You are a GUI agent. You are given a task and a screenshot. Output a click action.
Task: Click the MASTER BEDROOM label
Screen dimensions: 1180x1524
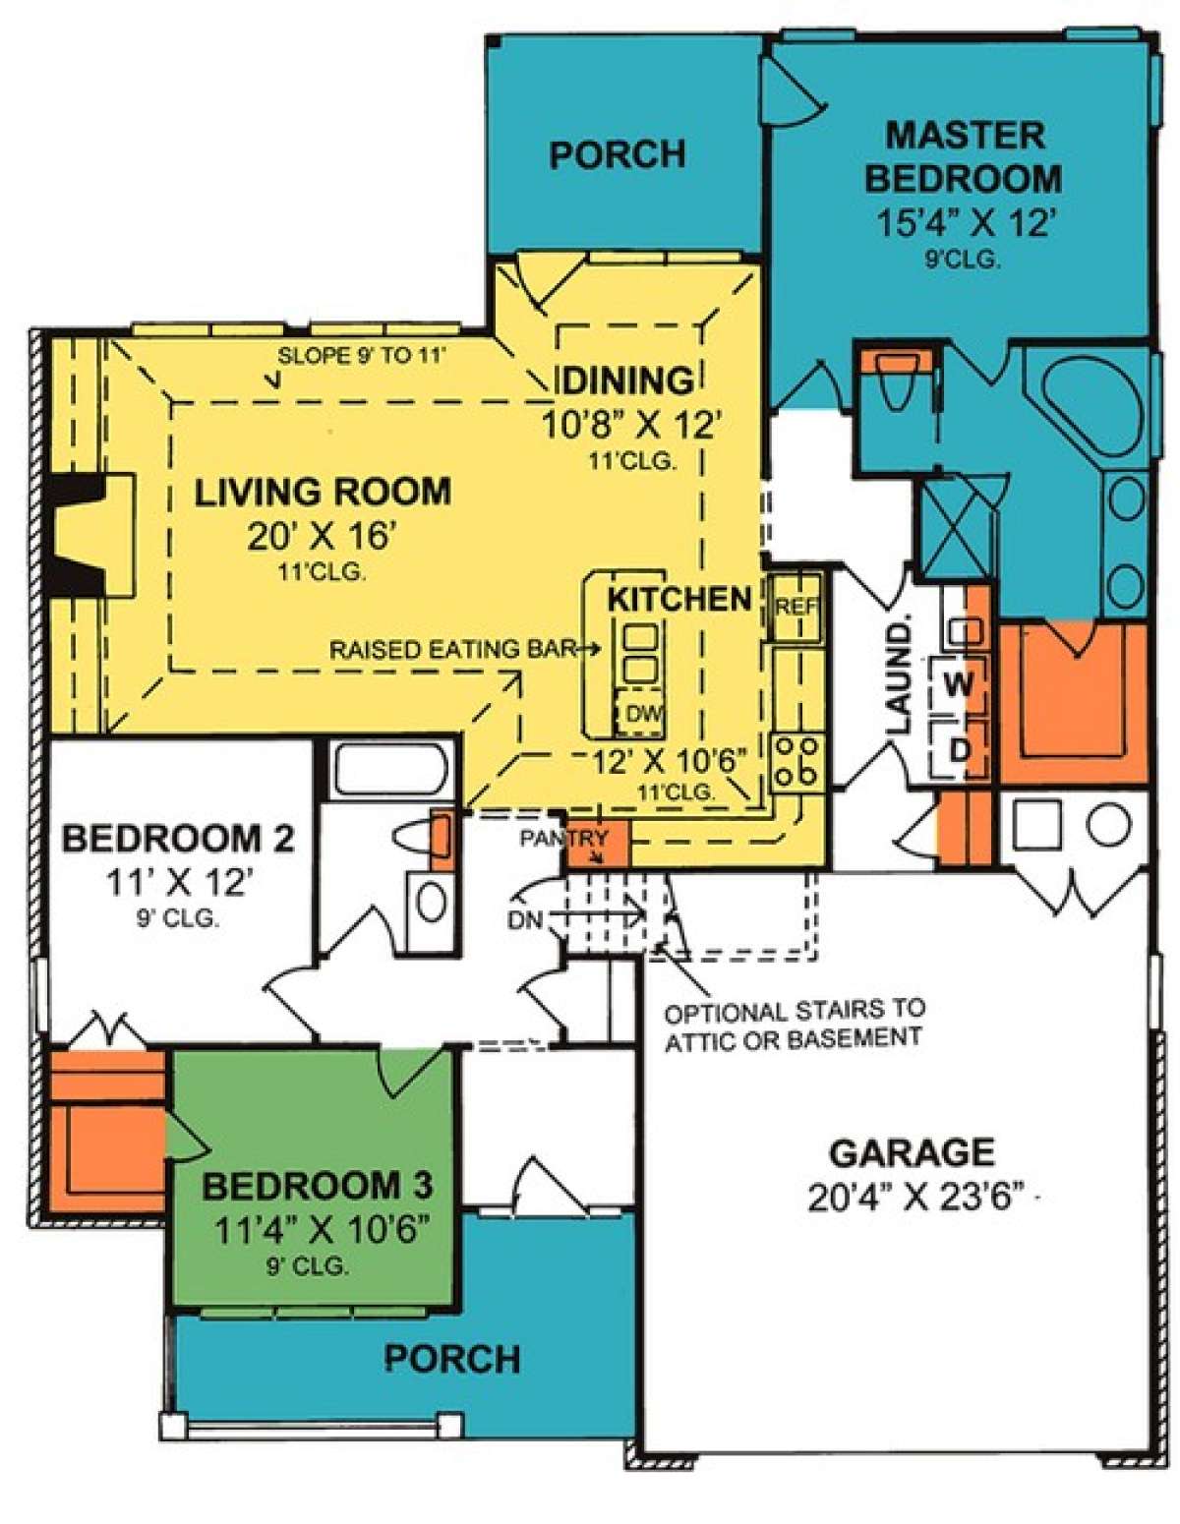(964, 157)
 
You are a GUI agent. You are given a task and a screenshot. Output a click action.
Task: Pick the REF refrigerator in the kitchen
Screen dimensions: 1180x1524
(796, 608)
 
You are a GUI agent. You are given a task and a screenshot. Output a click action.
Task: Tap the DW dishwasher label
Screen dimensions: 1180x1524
(642, 715)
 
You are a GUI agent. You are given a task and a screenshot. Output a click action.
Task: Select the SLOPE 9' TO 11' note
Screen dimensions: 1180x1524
(362, 355)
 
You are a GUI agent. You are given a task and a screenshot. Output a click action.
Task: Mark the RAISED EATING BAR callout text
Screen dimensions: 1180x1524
(453, 650)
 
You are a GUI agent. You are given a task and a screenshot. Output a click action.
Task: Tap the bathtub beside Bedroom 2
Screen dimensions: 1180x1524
(389, 769)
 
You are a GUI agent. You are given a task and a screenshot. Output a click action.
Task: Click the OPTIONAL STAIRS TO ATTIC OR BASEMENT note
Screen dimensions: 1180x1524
(795, 1026)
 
